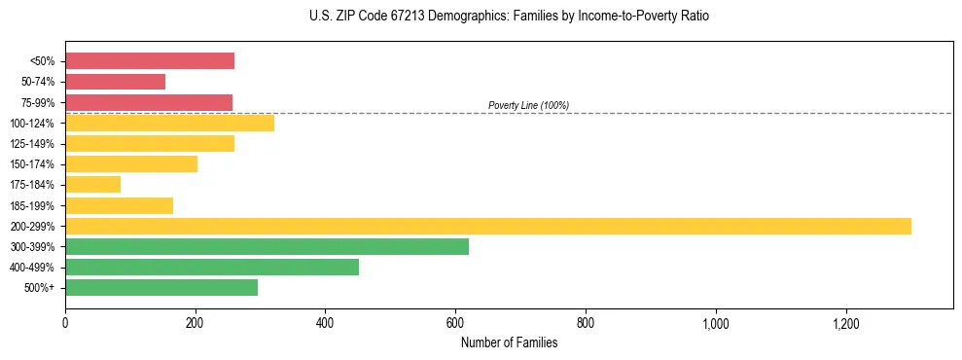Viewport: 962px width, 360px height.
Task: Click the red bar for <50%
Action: (150, 61)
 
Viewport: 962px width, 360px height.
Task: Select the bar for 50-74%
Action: (115, 82)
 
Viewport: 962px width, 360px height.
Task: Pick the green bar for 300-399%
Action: (267, 246)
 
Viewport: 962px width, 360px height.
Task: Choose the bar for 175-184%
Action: (92, 184)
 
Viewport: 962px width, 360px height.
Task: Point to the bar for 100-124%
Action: (169, 123)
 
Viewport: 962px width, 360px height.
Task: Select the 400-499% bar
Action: (212, 267)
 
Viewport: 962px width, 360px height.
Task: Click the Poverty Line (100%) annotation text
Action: (528, 105)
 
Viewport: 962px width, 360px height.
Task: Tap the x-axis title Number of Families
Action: (509, 342)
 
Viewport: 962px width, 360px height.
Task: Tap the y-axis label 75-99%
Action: (38, 102)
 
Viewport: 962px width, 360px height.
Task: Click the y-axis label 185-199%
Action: (34, 205)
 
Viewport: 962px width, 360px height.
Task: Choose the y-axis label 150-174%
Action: (34, 164)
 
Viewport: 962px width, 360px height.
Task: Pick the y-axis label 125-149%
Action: (34, 144)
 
